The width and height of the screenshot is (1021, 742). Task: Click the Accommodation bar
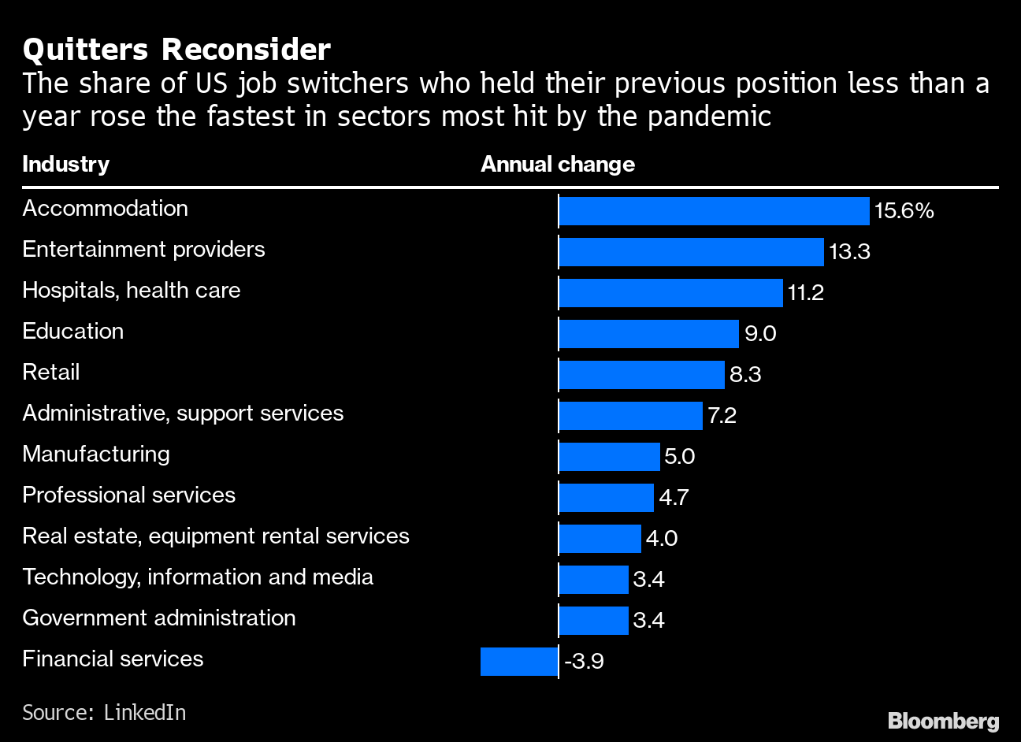pos(714,211)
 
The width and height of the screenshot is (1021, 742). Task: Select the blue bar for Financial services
pos(519,661)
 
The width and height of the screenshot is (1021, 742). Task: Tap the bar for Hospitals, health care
pos(670,293)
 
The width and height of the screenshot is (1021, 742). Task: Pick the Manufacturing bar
pos(609,457)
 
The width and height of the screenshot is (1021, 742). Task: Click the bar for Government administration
pos(593,620)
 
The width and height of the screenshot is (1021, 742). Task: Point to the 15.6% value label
pos(904,211)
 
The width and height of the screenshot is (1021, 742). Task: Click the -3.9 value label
pos(584,661)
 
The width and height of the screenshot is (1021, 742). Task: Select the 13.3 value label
pos(849,252)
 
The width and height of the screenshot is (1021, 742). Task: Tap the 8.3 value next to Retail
pos(745,374)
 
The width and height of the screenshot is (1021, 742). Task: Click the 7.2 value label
pos(722,415)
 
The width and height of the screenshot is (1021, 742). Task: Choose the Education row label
pos(73,331)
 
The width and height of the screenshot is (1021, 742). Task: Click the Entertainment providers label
pos(143,250)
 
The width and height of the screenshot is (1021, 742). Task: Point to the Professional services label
pos(128,495)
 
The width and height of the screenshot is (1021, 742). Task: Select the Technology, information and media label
pos(198,577)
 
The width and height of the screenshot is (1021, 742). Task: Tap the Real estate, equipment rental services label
pos(216,536)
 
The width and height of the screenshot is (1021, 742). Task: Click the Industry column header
pos(65,164)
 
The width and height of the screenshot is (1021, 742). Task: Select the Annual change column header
pos(558,164)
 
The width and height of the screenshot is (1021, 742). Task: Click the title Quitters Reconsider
pos(176,50)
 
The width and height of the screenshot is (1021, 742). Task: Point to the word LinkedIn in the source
pos(145,712)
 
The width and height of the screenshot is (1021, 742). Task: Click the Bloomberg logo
pos(943,720)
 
